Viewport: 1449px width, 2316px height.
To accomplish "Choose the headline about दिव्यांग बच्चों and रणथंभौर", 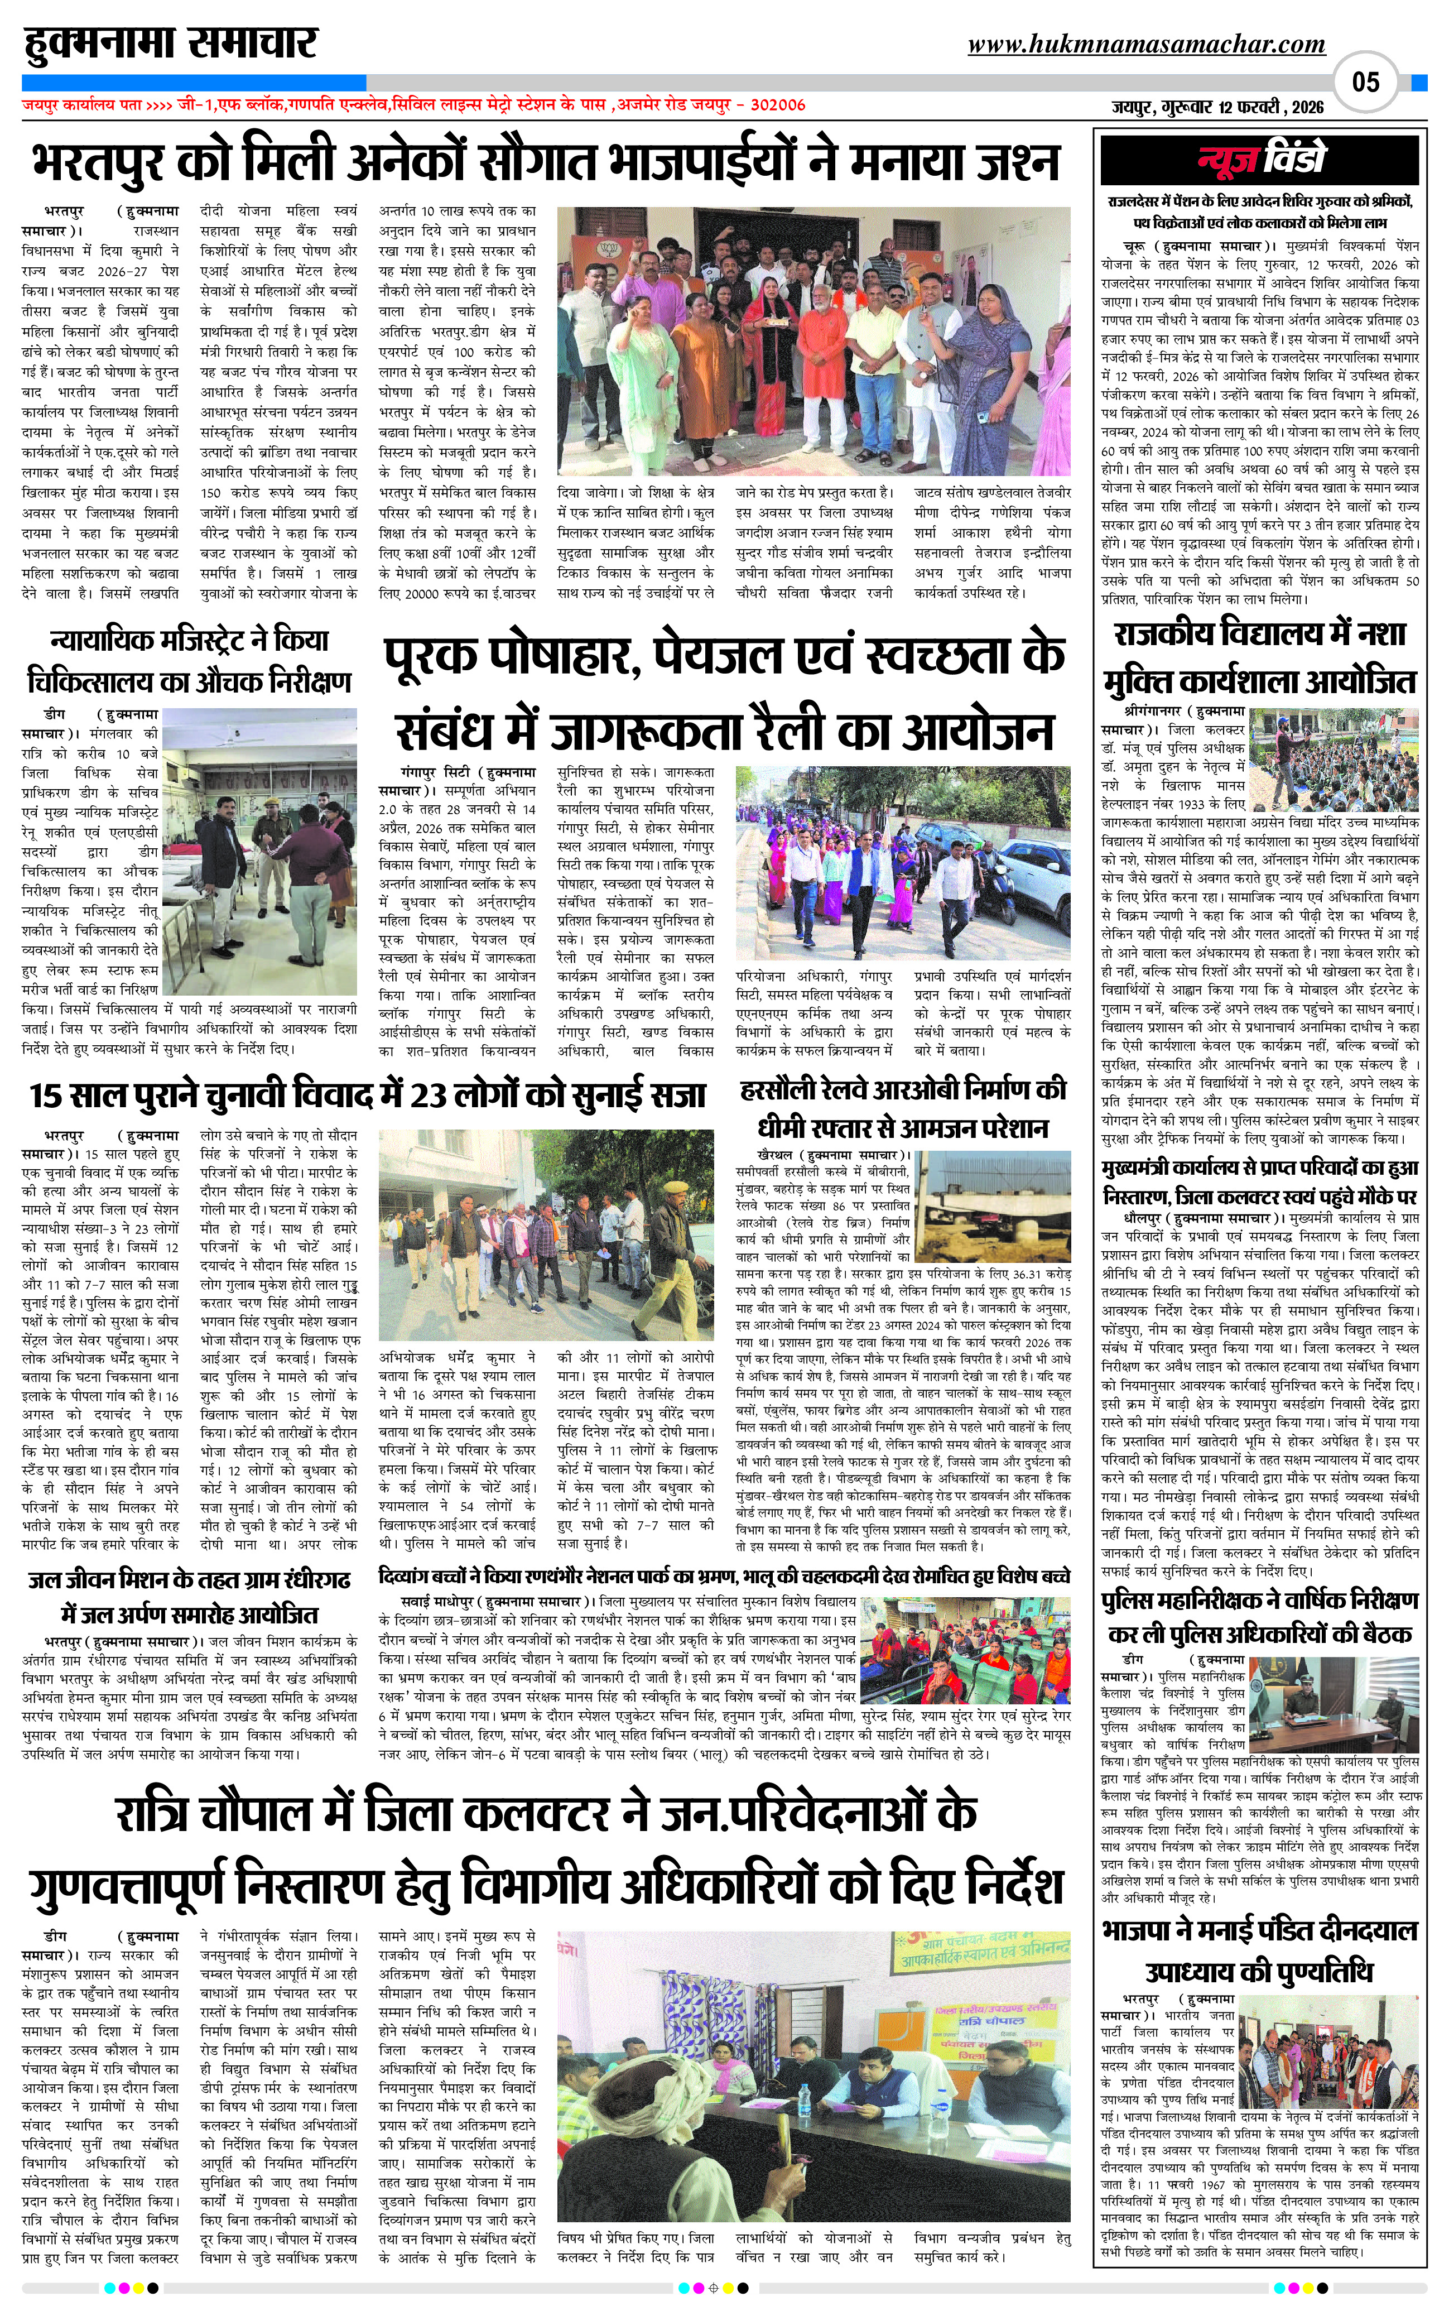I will pyautogui.click(x=724, y=1575).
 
